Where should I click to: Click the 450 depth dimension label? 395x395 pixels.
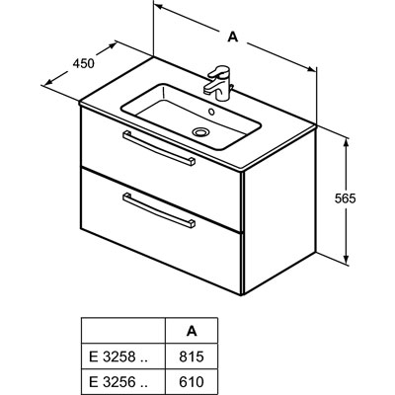coord(84,63)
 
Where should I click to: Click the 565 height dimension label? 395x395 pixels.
coord(346,198)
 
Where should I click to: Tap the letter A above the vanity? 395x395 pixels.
coord(233,37)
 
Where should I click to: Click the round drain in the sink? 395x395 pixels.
coord(199,132)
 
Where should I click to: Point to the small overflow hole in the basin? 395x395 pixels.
coord(211,112)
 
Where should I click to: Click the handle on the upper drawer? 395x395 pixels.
coord(159,147)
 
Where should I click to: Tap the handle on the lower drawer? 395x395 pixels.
coord(159,210)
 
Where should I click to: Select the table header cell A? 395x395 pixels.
coord(192,331)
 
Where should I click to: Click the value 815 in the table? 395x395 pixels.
coord(192,356)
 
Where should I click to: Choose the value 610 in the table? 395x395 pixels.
coord(192,382)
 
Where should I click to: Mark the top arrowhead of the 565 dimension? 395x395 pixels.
coord(346,143)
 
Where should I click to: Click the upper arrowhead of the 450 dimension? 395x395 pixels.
coord(111,45)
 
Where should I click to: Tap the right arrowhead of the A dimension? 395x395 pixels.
coord(310,68)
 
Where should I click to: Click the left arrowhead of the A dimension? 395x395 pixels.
coord(160,7)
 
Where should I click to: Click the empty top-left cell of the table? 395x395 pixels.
coord(122,331)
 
